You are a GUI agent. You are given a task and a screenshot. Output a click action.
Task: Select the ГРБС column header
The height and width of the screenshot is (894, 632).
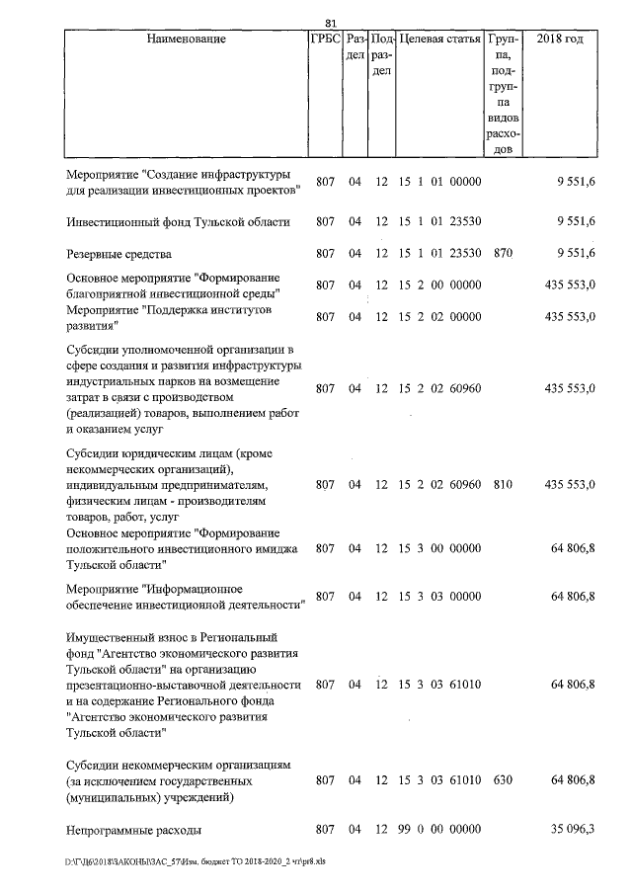coord(325,40)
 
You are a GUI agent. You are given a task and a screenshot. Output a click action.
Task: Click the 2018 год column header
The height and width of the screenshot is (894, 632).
coord(559,40)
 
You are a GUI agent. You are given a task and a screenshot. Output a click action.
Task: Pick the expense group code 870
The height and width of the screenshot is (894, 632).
coord(503,254)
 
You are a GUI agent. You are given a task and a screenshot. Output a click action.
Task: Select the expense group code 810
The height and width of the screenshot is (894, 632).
coord(503,485)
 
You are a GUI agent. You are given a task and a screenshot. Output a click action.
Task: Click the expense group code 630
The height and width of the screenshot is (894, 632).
coord(503,780)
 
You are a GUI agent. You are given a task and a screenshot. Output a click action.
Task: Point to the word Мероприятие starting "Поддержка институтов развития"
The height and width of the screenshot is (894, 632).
coord(104,310)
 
